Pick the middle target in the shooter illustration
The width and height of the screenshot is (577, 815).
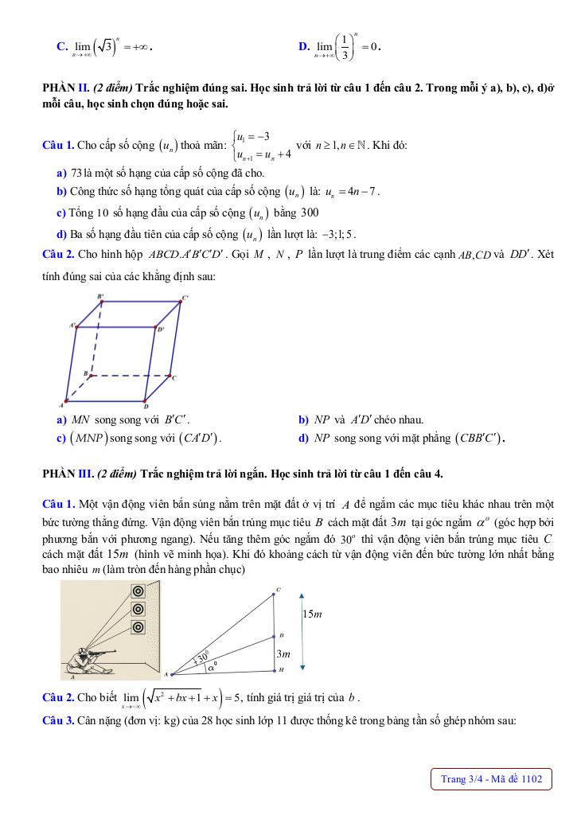138,609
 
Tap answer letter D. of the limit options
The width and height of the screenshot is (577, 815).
304,47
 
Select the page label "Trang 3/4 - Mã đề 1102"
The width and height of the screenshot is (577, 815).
491,779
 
